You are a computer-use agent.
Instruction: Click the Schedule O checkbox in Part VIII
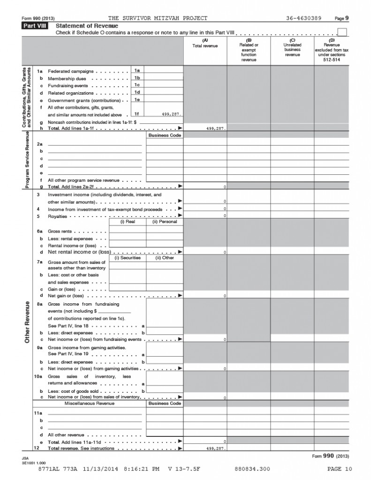pyautogui.click(x=342, y=32)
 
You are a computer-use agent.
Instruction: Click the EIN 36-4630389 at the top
pyautogui.click(x=303, y=18)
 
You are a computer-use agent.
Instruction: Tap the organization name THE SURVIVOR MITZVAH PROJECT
pyautogui.click(x=158, y=18)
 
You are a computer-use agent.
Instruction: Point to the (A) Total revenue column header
pyautogui.click(x=205, y=43)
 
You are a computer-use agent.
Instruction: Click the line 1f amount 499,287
pyautogui.click(x=169, y=114)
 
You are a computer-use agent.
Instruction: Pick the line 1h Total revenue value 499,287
pyautogui.click(x=215, y=127)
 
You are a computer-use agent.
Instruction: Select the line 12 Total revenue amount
pyautogui.click(x=215, y=449)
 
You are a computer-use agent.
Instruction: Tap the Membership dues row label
pyautogui.click(x=67, y=78)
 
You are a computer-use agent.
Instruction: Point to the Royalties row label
pyautogui.click(x=57, y=216)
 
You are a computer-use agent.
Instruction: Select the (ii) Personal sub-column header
pyautogui.click(x=164, y=222)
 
